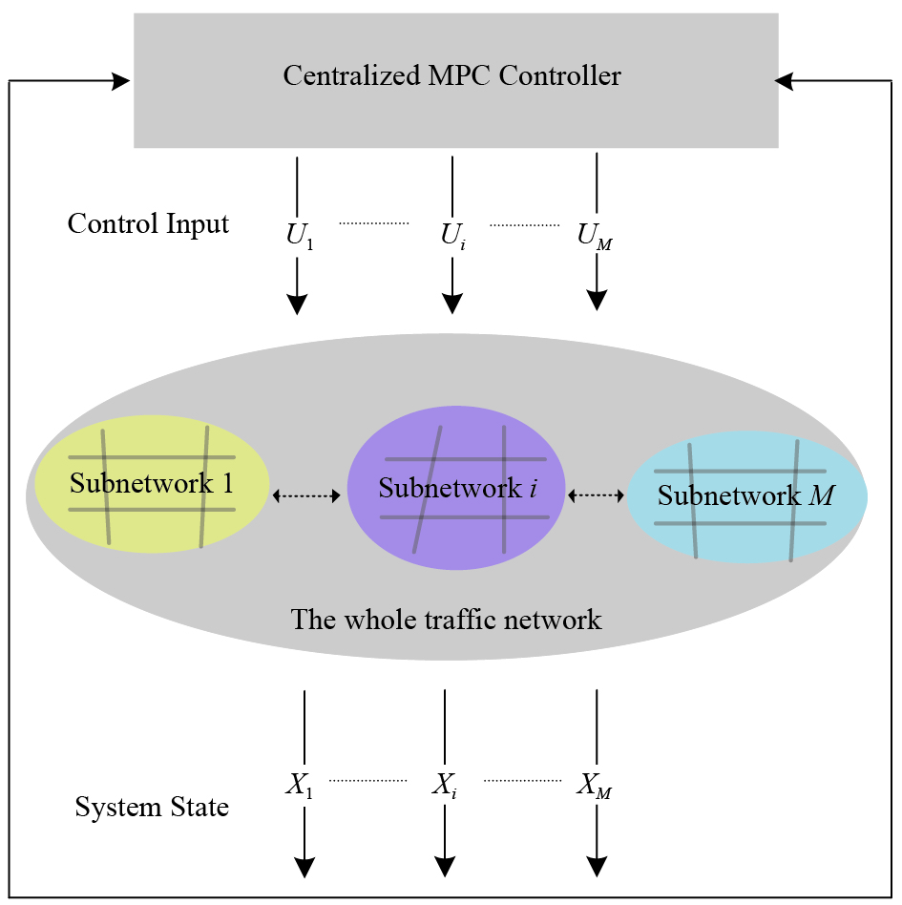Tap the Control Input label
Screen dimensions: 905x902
(148, 224)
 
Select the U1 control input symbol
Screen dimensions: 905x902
(300, 237)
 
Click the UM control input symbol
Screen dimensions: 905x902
(595, 237)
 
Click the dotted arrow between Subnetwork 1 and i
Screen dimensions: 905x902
(306, 495)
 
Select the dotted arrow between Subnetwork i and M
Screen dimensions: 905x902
(596, 495)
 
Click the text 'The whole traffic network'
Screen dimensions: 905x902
(447, 620)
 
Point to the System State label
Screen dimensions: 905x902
(152, 808)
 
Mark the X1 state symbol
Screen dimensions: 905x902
(300, 787)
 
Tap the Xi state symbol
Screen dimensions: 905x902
(445, 787)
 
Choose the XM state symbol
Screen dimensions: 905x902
(594, 787)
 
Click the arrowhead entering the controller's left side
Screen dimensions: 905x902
(121, 82)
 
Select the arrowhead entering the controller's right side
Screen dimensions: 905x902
(786, 82)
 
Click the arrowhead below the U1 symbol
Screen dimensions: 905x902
(298, 304)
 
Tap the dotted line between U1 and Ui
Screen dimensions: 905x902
(373, 223)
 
